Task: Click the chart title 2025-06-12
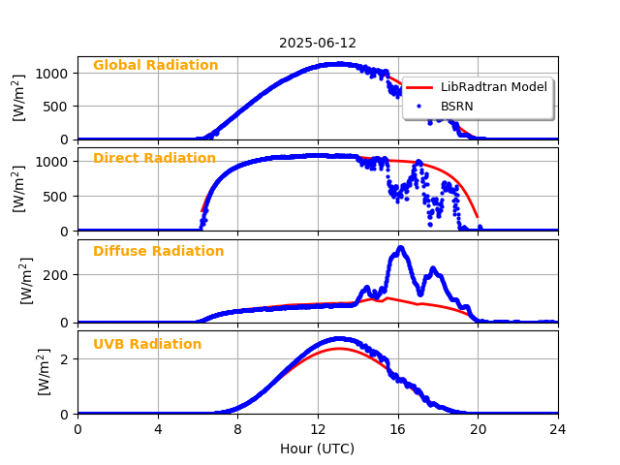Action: (x=318, y=44)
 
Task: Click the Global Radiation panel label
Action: (x=155, y=66)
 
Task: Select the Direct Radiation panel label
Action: (x=154, y=159)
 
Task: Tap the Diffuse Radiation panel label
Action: (x=158, y=252)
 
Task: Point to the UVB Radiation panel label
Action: (x=147, y=345)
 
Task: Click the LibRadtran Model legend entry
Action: (x=494, y=87)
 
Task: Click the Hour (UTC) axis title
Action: (x=318, y=449)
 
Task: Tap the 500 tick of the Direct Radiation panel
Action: (x=57, y=196)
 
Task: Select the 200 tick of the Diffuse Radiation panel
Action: (x=57, y=275)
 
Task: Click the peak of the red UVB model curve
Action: (x=338, y=348)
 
